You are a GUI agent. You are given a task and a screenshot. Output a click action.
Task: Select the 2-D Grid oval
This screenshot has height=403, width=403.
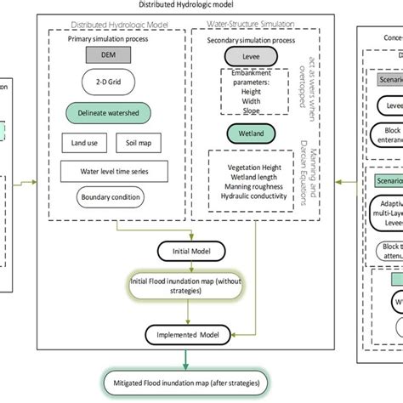tap(107, 82)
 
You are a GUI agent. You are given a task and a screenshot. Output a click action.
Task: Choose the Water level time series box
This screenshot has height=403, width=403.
tap(109, 171)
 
